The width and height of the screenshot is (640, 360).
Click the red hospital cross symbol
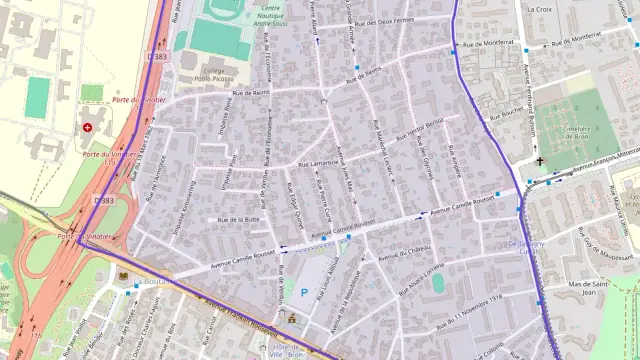pos(87,128)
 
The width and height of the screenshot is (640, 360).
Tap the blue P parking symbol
pos(304,293)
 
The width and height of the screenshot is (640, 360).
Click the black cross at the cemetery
pos(539,160)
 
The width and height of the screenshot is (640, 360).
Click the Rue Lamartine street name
pos(318,163)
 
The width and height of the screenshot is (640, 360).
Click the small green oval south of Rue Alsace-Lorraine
pos(438,284)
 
